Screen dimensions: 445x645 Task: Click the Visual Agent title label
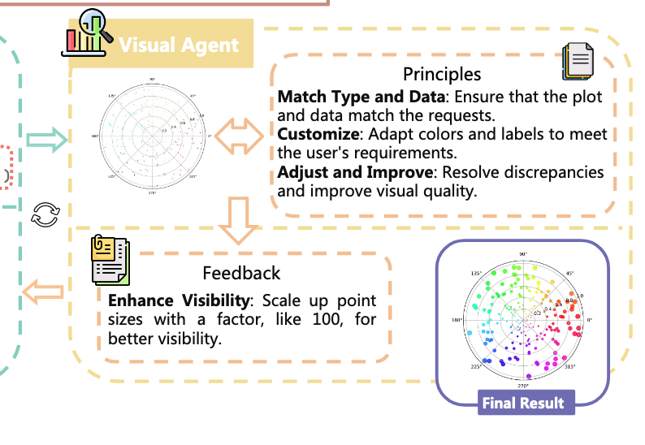(179, 45)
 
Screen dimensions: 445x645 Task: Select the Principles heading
(442, 74)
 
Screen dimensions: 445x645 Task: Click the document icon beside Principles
(578, 62)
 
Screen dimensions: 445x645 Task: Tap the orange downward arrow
(239, 219)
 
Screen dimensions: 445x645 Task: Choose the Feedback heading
(241, 273)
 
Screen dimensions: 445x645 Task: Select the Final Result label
(522, 403)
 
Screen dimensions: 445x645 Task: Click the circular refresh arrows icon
(45, 214)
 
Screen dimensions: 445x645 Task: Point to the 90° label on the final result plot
(524, 255)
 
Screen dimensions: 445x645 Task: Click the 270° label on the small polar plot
(152, 193)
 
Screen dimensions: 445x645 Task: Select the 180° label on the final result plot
(458, 320)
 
